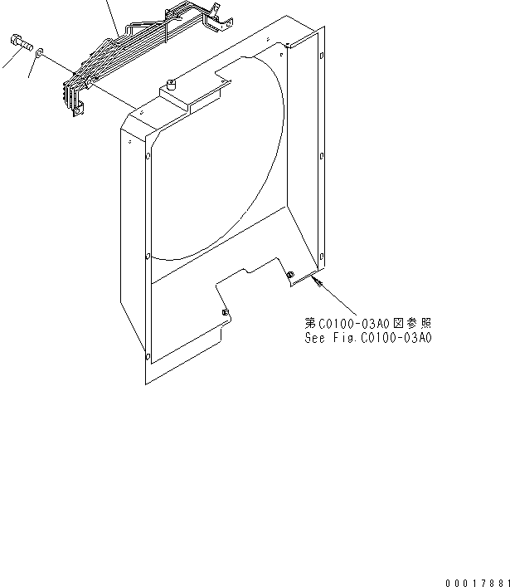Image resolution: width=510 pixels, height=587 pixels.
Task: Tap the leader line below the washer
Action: coord(32,71)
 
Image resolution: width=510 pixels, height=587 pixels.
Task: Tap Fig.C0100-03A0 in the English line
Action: coord(387,338)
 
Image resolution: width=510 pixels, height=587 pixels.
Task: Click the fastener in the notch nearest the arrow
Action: coord(289,276)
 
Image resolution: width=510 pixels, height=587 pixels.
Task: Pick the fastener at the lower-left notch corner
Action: coord(226,312)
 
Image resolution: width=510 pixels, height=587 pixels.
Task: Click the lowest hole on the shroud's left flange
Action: coord(148,358)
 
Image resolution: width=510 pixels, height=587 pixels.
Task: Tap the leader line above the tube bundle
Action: coord(111,17)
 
